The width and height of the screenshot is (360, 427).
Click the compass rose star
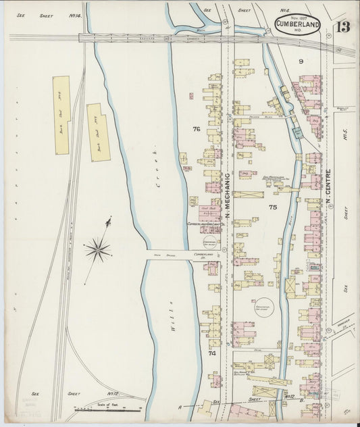tap(99, 249)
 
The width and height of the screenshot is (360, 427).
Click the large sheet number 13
tap(343, 28)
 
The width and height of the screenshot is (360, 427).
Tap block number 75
tap(273, 207)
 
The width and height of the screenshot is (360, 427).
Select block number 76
tap(196, 129)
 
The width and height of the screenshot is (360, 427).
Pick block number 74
tap(211, 353)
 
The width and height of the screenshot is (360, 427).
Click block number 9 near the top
tap(301, 62)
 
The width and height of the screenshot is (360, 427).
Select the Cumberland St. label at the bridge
tap(203, 255)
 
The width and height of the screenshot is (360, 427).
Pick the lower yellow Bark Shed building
tap(97, 132)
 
